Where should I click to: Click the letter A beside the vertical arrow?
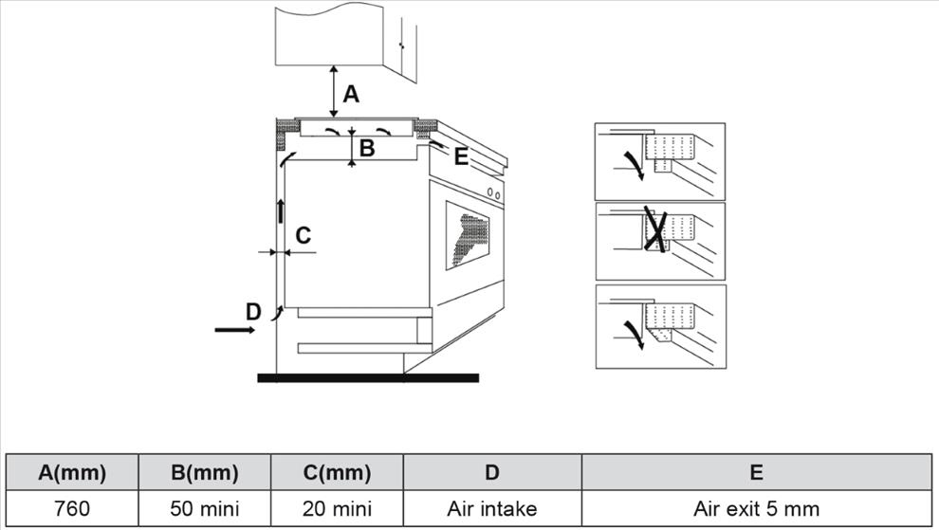pos(352,94)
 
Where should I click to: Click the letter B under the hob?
pos(366,148)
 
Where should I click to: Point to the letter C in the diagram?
pos(304,235)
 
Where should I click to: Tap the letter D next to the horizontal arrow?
pos(252,311)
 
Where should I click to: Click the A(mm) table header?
pos(72,472)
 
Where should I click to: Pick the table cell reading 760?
pos(72,508)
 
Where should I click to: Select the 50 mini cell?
pos(205,508)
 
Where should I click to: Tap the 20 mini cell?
pos(337,508)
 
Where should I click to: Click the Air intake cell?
pos(491,508)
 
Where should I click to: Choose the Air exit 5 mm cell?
pos(756,508)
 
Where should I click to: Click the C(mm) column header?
pos(337,472)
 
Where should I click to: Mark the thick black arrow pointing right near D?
pos(234,330)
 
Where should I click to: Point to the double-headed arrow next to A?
pos(333,91)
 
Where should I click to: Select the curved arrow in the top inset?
pos(634,166)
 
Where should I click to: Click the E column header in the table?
pos(756,472)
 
